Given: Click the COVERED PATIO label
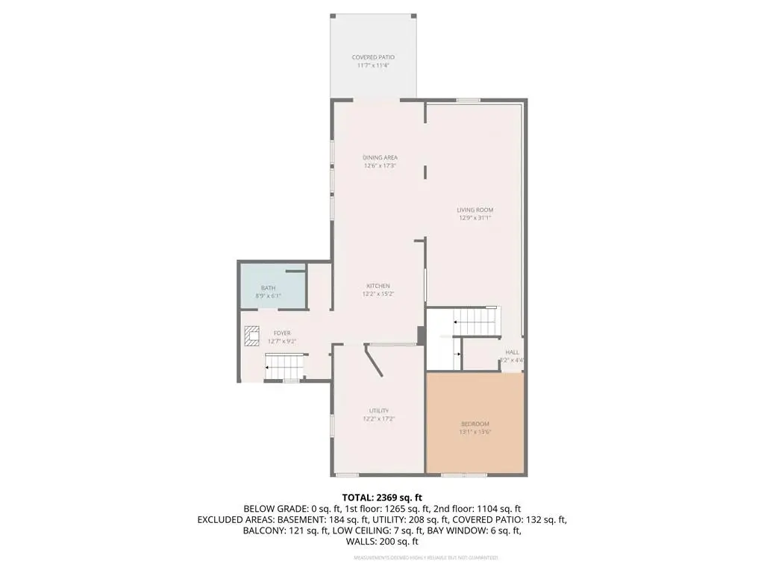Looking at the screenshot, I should click(373, 57).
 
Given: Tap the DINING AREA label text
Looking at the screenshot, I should click(380, 157).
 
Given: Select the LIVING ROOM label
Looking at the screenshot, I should click(475, 210).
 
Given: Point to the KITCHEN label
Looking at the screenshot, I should click(378, 286).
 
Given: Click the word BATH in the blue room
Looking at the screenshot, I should click(267, 288).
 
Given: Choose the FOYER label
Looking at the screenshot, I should click(281, 334).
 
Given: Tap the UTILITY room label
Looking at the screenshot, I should click(379, 410).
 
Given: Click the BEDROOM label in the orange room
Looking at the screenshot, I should click(475, 424).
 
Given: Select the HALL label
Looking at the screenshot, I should click(512, 352).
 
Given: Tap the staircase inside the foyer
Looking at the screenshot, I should click(284, 366).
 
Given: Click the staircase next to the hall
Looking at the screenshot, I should click(476, 322).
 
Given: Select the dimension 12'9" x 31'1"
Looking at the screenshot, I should click(475, 219).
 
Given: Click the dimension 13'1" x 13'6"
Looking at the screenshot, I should click(475, 432).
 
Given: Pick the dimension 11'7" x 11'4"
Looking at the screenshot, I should click(373, 66).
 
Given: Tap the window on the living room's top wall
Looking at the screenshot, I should click(468, 100).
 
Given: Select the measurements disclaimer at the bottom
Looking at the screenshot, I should click(425, 557).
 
